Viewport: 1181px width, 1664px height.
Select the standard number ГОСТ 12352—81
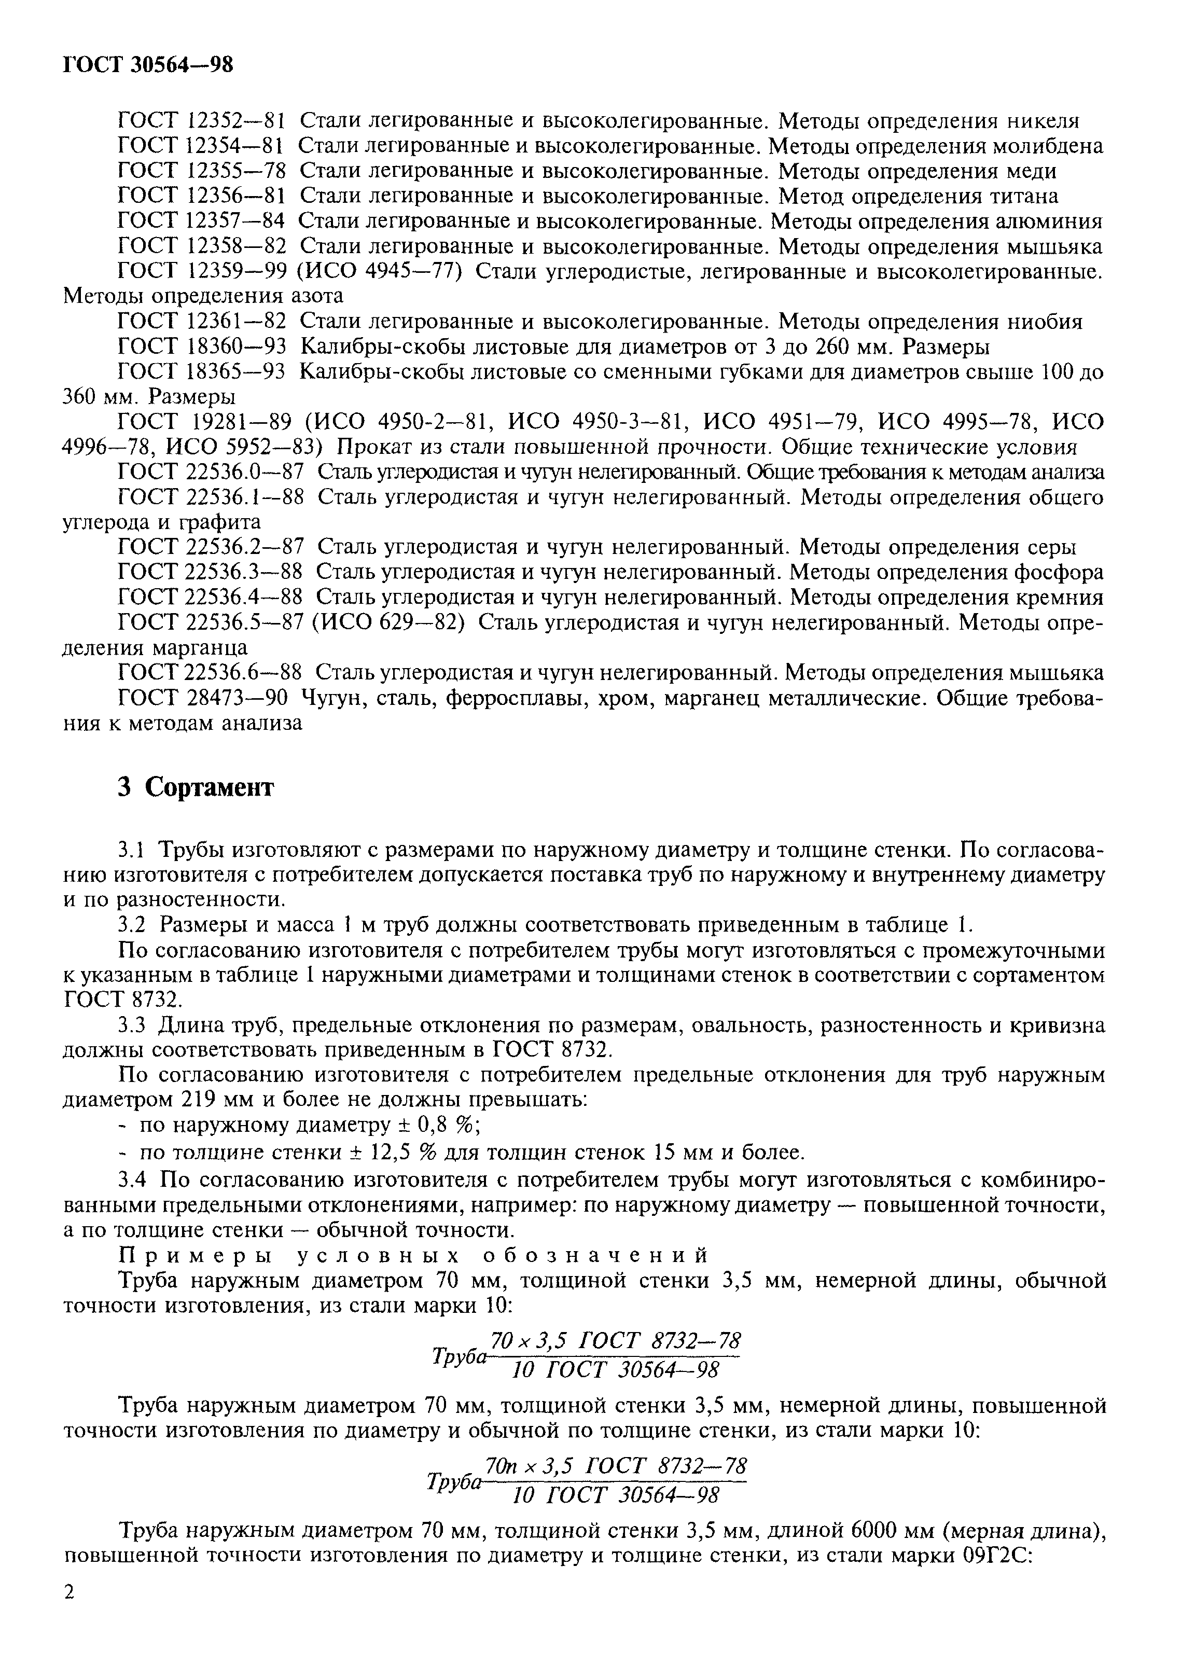click(201, 121)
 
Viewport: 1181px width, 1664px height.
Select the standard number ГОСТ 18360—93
click(201, 346)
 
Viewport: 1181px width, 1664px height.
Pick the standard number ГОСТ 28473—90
click(201, 698)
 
